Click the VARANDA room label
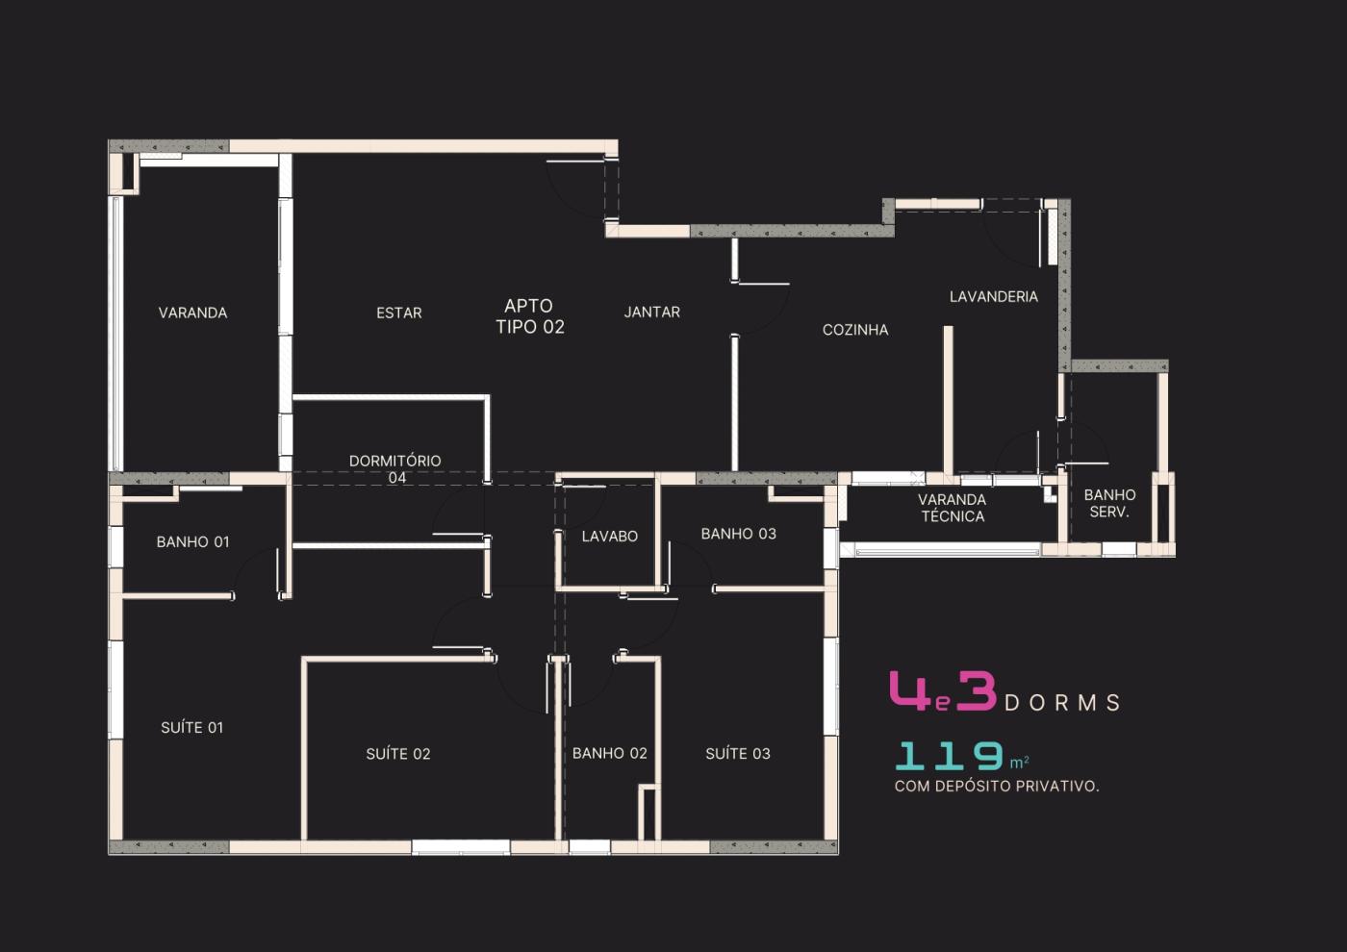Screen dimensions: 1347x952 coord(193,313)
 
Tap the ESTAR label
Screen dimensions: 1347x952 coord(399,313)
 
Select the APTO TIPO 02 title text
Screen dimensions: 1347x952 coord(530,316)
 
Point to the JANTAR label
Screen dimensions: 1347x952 coord(652,312)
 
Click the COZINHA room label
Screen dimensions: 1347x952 coord(855,329)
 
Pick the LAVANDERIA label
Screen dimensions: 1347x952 coord(993,296)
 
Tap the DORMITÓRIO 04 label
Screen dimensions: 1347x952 coord(395,469)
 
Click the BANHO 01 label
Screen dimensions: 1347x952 coord(192,541)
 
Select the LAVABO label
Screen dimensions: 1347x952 coord(609,537)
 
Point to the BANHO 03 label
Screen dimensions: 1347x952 coord(739,534)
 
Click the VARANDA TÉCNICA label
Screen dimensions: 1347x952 coord(953,508)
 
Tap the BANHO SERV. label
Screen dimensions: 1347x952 coord(1109,504)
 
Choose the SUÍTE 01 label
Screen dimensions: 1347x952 coord(191,727)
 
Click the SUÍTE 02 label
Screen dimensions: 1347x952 coord(398,754)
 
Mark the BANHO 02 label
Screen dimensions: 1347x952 coord(609,753)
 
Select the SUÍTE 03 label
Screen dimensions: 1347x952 coord(738,753)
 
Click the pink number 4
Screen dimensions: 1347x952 coord(910,690)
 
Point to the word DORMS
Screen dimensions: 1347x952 coord(1062,703)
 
